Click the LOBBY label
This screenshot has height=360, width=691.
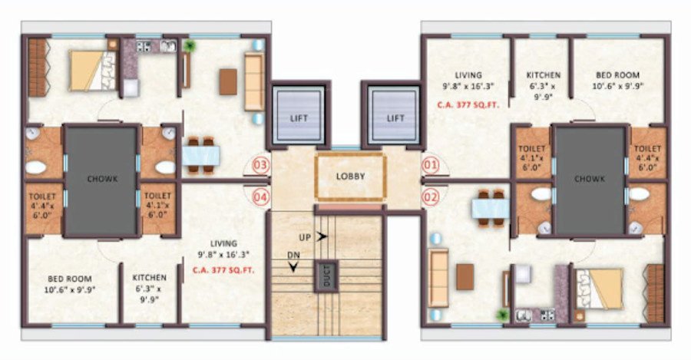(x=350, y=176)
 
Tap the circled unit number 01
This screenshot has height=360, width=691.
(x=430, y=163)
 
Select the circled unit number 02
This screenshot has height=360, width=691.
(x=430, y=196)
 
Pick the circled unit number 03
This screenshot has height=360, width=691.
(x=261, y=164)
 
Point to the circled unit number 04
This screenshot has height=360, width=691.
(x=261, y=197)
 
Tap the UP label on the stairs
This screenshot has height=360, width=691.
(x=305, y=237)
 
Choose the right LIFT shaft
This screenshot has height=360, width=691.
(x=395, y=117)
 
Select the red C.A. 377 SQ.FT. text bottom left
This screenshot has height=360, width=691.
(x=223, y=270)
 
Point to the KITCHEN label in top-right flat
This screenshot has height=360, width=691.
(x=543, y=75)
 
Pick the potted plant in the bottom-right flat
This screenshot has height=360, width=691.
(x=503, y=314)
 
